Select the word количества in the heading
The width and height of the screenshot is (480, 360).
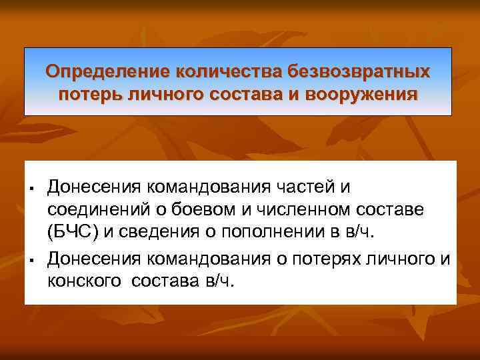[x=229, y=71]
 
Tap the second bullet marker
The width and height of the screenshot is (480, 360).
[x=32, y=258]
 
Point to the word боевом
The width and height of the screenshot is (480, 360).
[x=193, y=211]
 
